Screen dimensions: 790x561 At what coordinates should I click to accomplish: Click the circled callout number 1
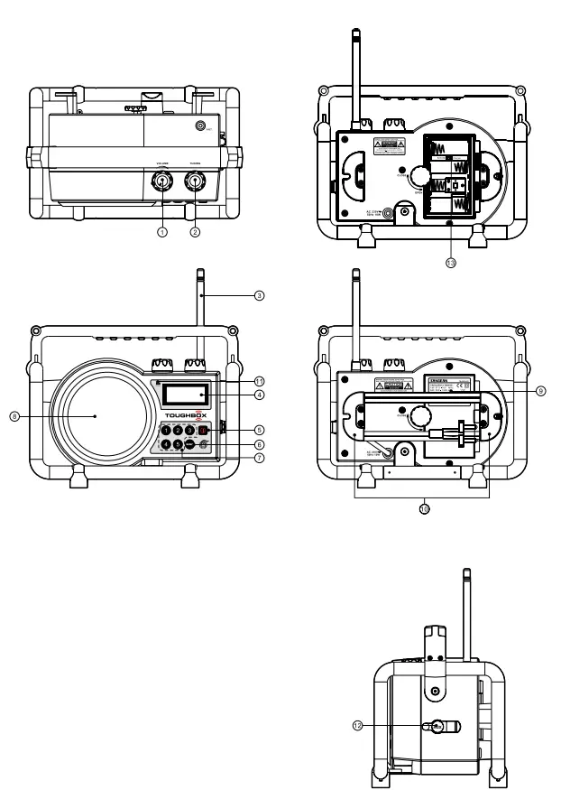162,232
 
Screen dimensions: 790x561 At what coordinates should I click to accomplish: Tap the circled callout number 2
194,232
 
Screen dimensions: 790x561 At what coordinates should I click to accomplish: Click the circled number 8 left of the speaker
14,415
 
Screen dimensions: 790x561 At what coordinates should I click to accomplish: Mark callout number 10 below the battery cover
423,508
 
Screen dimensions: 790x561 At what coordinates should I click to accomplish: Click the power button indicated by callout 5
204,430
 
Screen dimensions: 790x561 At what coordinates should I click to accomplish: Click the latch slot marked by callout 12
437,725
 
